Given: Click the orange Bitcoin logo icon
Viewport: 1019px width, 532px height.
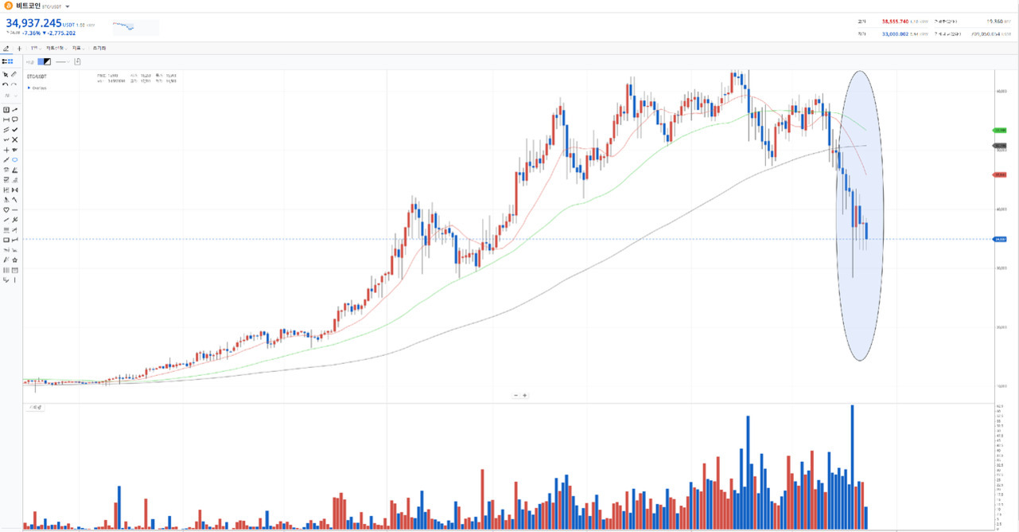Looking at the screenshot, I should point(9,6).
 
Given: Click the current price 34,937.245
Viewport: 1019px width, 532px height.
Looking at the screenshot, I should point(33,23).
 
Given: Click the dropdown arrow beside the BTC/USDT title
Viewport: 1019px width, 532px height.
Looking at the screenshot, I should point(68,6).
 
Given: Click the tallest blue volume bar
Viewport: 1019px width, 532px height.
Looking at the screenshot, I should point(852,466).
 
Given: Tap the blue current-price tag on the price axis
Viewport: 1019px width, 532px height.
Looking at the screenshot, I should point(1000,238).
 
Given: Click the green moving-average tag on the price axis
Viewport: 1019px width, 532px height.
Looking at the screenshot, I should point(1000,129).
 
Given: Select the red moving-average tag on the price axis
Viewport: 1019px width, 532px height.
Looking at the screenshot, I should point(1000,174).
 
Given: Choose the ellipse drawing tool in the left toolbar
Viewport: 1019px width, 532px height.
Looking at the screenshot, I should point(15,159).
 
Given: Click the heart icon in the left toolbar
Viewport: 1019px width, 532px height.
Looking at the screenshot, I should point(6,209).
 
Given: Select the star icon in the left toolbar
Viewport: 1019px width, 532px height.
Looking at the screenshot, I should point(15,260).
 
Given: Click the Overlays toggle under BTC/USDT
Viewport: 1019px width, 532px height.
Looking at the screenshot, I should point(37,88).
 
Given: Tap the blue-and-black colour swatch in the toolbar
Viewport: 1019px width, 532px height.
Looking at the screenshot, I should point(44,61).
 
